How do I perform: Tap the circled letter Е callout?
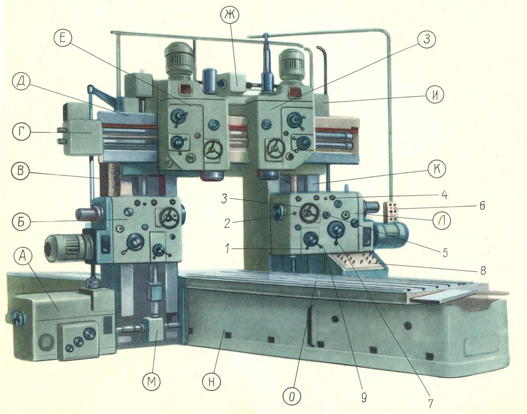[62, 39]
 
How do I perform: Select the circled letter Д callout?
[21, 81]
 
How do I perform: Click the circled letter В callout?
[21, 171]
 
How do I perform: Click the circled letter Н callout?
[212, 382]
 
